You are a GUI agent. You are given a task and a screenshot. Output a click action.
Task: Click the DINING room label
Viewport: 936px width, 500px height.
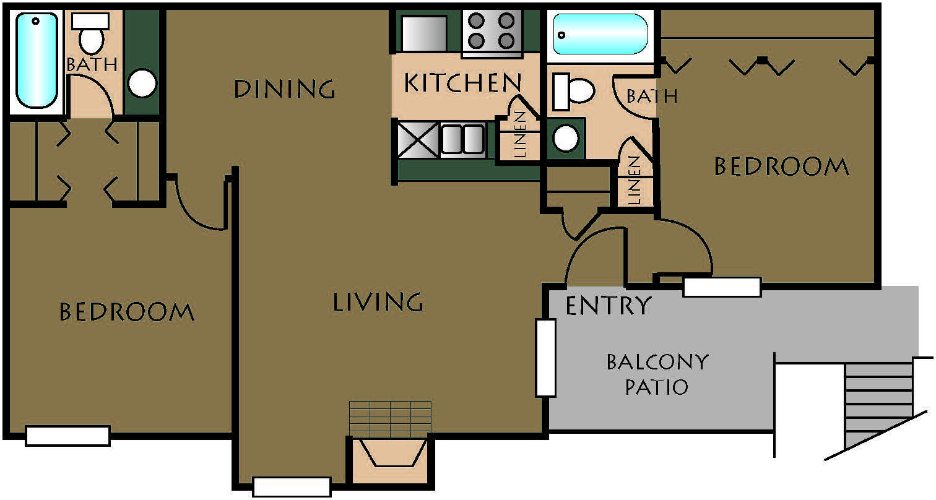coord(285,88)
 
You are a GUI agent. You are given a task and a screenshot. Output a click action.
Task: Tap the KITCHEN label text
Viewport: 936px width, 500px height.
coord(463,82)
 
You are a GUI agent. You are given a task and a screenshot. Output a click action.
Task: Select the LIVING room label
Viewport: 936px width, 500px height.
coord(378,301)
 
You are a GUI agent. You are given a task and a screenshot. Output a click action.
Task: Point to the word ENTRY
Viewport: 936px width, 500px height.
coord(609,305)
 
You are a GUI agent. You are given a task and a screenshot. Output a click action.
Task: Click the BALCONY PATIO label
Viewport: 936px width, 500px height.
coord(657,374)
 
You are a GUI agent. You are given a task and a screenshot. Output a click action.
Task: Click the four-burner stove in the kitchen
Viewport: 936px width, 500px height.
coord(492,33)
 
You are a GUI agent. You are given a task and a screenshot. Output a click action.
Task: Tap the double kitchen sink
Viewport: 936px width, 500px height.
coord(463,139)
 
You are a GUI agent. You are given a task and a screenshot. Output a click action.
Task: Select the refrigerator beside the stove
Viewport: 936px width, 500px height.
coord(423,33)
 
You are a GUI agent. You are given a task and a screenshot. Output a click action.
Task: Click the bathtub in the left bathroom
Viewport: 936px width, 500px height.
coord(37,60)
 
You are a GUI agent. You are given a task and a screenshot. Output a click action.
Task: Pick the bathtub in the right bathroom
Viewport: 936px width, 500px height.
coord(600,34)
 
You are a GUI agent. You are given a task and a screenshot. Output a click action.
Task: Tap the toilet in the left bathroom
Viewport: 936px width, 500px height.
coord(90,33)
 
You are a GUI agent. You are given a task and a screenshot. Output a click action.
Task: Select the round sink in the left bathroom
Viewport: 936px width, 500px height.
coord(142,83)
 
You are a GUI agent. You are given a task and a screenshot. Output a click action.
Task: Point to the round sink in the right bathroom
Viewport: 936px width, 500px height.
coord(566,138)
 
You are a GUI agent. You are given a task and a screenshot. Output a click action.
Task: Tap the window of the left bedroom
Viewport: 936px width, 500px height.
coord(68,436)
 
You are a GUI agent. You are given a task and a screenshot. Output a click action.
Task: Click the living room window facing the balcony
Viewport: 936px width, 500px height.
coord(546,358)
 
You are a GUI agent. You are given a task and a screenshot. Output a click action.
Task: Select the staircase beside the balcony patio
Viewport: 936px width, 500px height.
coord(878,407)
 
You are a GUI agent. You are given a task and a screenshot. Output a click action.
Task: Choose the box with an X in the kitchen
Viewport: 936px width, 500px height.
coord(418,139)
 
